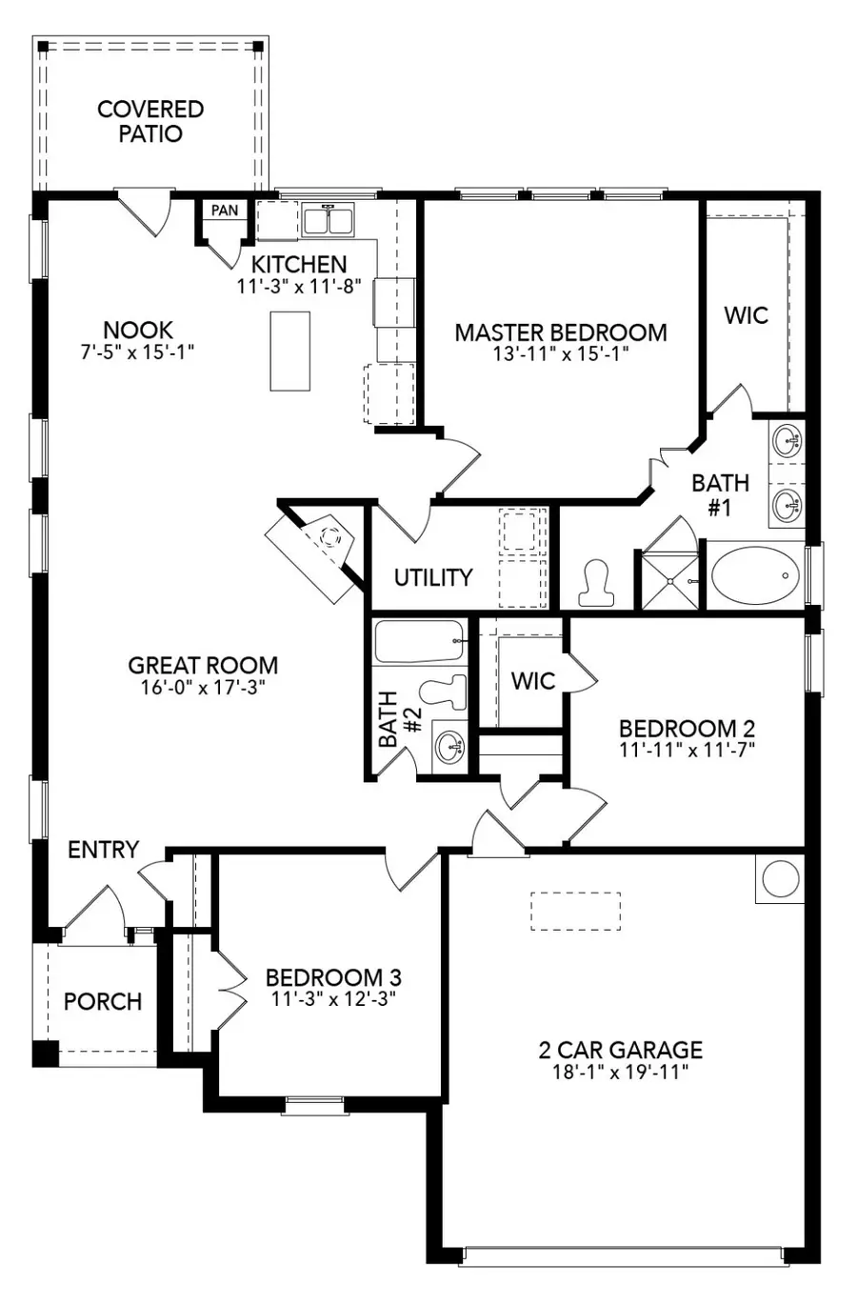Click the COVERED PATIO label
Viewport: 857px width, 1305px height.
pos(150,121)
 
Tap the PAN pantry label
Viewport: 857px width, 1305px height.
pos(225,210)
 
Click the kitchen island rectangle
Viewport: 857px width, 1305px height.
pos(290,350)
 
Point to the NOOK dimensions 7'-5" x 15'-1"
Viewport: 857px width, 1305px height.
pos(138,351)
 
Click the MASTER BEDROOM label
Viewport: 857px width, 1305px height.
pos(560,332)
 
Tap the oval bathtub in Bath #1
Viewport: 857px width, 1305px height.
pos(756,574)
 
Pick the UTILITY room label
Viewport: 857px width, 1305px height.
pos(433,577)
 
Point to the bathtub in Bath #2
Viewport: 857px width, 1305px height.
pos(419,641)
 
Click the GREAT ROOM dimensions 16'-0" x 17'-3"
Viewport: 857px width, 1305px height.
pos(203,688)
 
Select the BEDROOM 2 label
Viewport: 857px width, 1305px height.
pos(687,729)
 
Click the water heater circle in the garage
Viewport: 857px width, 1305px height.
pos(780,878)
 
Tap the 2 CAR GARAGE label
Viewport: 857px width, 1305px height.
pos(620,1050)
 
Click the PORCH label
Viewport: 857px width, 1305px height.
pos(103,1001)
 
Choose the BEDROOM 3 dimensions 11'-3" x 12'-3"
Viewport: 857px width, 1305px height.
pos(333,998)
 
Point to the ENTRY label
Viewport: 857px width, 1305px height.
pos(104,849)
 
